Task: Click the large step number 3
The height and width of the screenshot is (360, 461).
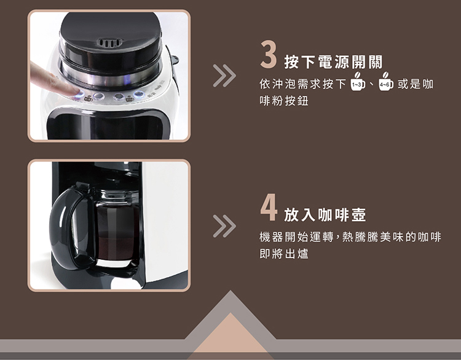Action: coord(269,54)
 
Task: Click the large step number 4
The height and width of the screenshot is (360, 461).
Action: coord(269,207)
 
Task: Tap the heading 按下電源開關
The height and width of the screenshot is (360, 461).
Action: coord(333,61)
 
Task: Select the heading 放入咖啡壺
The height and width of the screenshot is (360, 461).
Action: coord(325,214)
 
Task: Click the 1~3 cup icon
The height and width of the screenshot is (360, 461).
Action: coord(358,82)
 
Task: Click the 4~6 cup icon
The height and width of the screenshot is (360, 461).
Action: coord(386,82)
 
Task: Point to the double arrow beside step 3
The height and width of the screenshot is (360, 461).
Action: coord(224,76)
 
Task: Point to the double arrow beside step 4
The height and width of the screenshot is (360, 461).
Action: coord(224,226)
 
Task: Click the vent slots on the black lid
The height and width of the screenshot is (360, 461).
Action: coord(109,43)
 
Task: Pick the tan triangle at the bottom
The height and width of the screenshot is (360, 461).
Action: coord(230,335)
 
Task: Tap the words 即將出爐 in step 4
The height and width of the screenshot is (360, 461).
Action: coord(284,254)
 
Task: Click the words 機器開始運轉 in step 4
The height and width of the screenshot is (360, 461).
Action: coord(296,237)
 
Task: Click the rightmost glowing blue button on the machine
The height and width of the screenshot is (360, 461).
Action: coord(138,95)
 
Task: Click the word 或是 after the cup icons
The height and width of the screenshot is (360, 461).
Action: coord(409,84)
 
